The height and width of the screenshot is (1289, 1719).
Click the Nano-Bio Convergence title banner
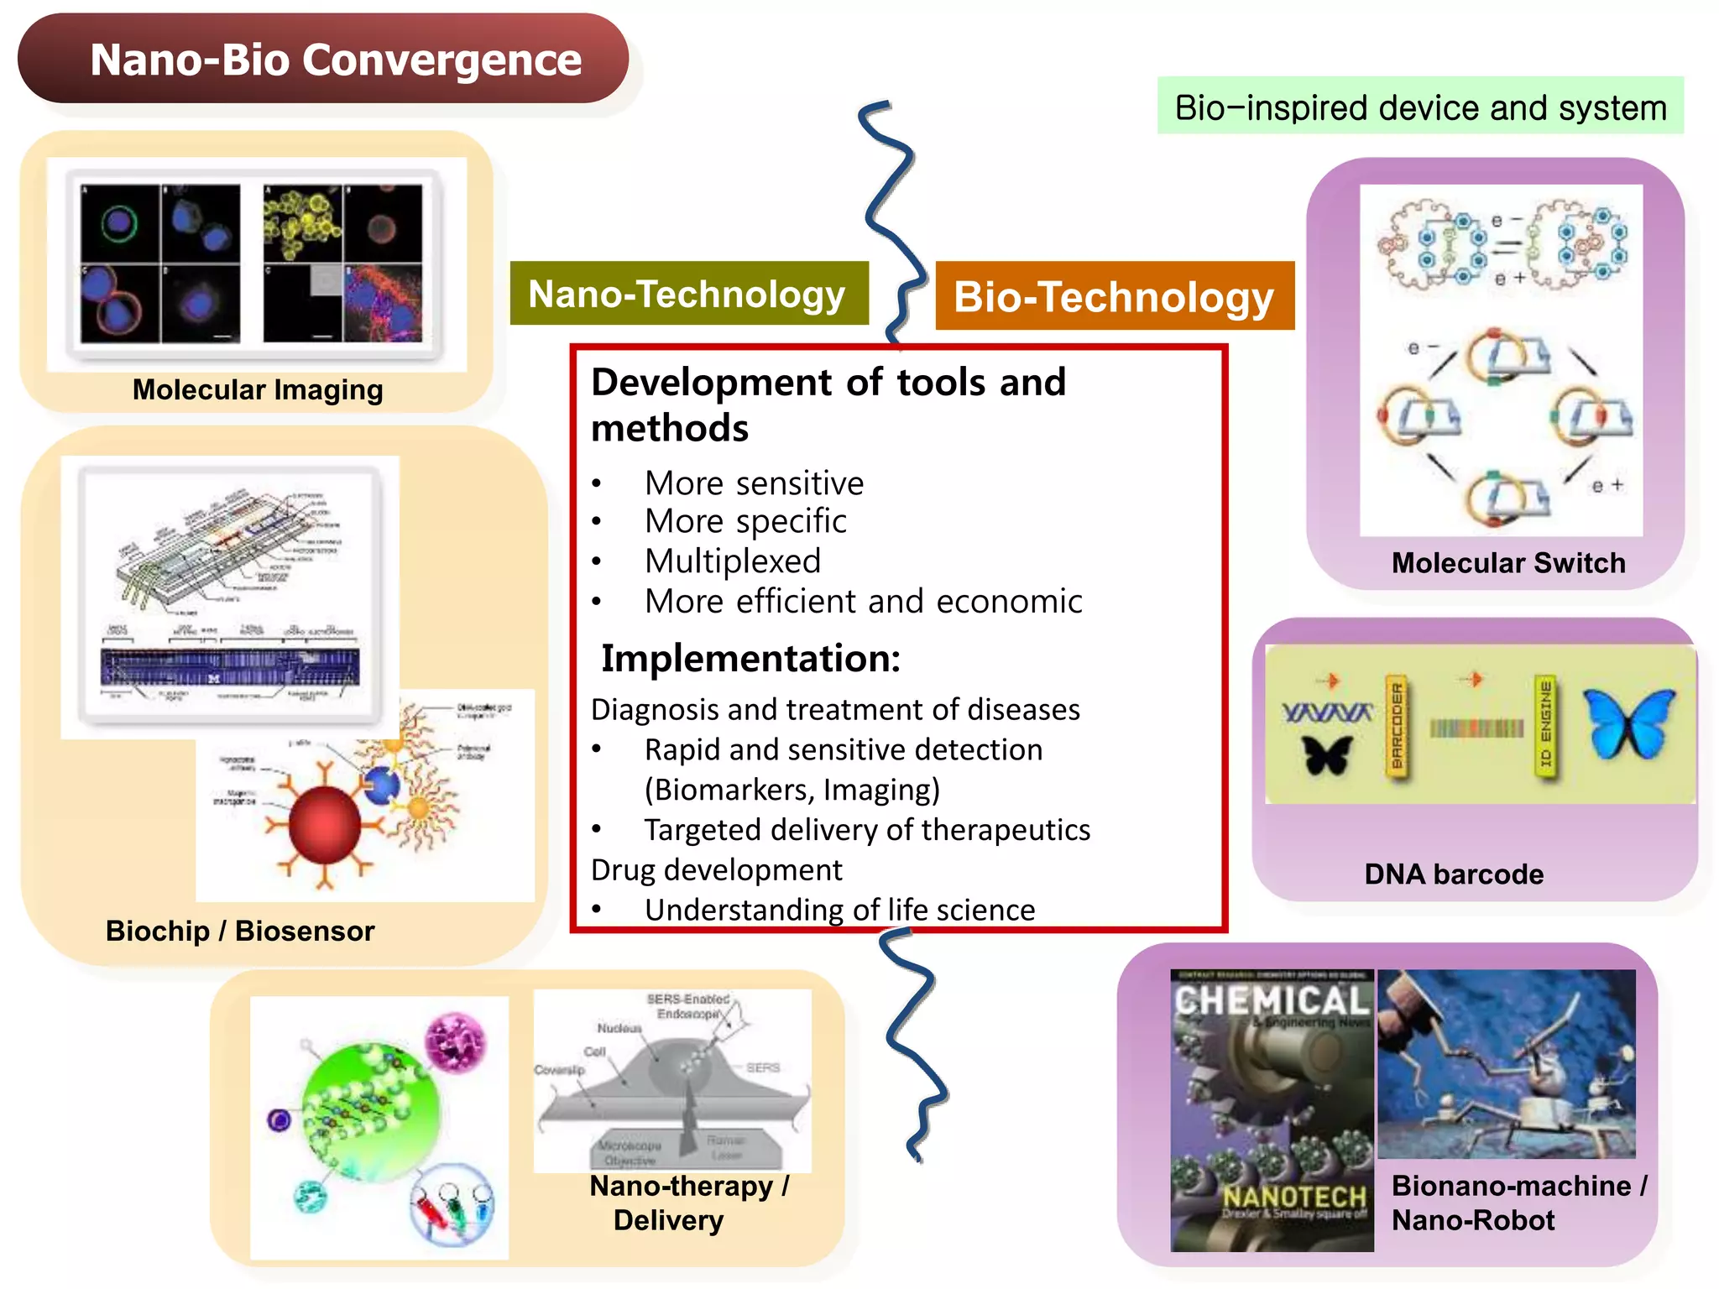(x=323, y=59)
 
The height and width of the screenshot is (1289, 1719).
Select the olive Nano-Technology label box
(x=688, y=294)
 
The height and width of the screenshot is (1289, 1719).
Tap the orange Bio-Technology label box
(x=1114, y=296)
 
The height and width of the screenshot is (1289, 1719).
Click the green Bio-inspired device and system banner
(x=1420, y=107)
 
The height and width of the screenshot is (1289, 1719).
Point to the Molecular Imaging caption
(x=258, y=389)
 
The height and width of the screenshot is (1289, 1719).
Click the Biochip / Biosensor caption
(x=240, y=931)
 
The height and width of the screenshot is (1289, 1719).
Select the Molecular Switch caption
(x=1508, y=562)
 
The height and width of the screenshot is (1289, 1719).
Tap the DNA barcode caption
(x=1454, y=874)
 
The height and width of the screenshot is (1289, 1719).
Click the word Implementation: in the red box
(x=750, y=658)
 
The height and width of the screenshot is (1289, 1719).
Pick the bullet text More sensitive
(x=754, y=483)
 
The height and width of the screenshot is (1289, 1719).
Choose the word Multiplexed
(x=733, y=561)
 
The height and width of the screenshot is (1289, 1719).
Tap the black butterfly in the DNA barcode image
(x=1328, y=754)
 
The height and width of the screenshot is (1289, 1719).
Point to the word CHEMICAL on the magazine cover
(x=1271, y=1000)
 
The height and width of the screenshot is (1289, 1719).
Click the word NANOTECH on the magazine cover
(x=1294, y=1196)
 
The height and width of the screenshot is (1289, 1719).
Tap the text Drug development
(x=716, y=870)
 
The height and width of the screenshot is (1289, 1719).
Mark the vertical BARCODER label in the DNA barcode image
(x=1396, y=727)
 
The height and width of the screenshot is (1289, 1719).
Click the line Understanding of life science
(x=839, y=910)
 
